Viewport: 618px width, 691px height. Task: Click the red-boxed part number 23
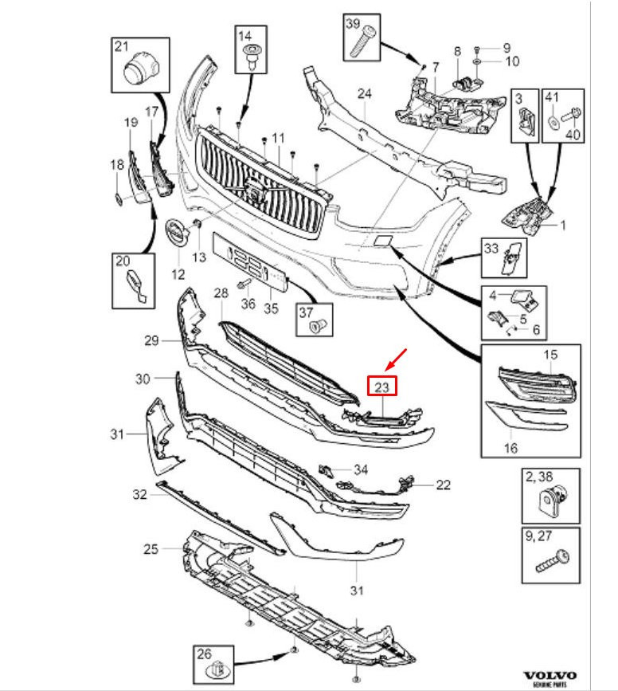[x=382, y=387]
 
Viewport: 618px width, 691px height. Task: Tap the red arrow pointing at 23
[x=396, y=359]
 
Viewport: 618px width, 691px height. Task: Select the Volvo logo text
[x=550, y=676]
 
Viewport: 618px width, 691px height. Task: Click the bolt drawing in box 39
[x=362, y=43]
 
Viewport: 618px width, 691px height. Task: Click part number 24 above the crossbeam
[x=364, y=93]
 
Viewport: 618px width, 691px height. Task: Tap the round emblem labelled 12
[x=178, y=233]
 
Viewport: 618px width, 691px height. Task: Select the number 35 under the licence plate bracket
[x=271, y=308]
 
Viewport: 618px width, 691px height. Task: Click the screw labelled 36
[x=244, y=284]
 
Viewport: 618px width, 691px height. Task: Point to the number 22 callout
[x=443, y=485]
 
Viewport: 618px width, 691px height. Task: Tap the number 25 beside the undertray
[x=151, y=549]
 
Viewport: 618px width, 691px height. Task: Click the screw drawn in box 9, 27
[x=553, y=561]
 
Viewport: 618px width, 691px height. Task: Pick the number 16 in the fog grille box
[x=510, y=448]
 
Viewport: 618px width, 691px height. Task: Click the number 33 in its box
[x=491, y=249]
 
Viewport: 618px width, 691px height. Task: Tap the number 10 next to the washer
[x=512, y=61]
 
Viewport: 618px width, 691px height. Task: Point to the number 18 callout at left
[x=117, y=165]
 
